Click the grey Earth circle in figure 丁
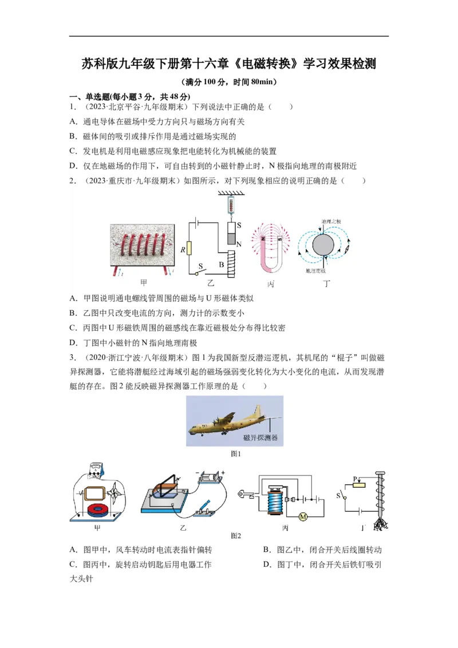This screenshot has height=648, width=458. pos(323,244)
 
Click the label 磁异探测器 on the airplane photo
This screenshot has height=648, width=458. pos(260,438)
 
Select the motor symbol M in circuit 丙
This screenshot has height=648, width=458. pos(303,517)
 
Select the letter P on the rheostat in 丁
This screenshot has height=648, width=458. pos(355,478)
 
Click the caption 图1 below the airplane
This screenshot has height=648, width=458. pos(235,453)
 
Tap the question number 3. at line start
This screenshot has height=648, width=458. pos(73,358)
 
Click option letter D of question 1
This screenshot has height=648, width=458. pos(73,166)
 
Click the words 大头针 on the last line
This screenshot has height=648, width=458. pos(81,579)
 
